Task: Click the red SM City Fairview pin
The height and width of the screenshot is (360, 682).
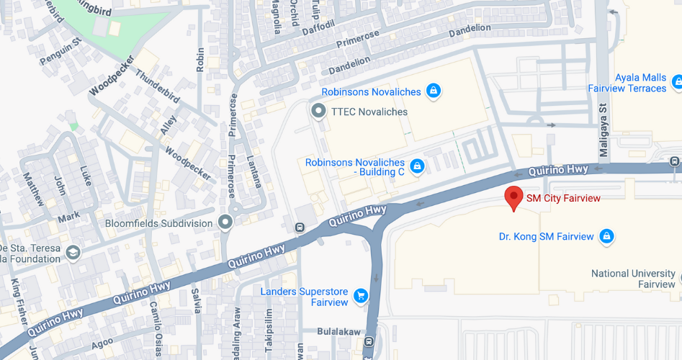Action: (x=513, y=197)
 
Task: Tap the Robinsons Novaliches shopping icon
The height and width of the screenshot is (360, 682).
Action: (x=433, y=91)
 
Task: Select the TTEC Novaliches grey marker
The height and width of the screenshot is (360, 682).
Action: (x=318, y=112)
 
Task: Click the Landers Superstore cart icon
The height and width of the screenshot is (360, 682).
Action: (x=361, y=296)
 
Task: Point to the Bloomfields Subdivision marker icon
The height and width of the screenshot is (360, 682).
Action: (x=226, y=223)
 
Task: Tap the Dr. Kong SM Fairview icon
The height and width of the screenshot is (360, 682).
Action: (x=606, y=236)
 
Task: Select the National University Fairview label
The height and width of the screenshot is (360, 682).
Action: (x=633, y=279)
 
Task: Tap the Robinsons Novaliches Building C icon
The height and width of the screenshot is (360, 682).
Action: (x=416, y=167)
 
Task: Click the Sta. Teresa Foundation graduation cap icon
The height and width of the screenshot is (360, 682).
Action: (x=73, y=253)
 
